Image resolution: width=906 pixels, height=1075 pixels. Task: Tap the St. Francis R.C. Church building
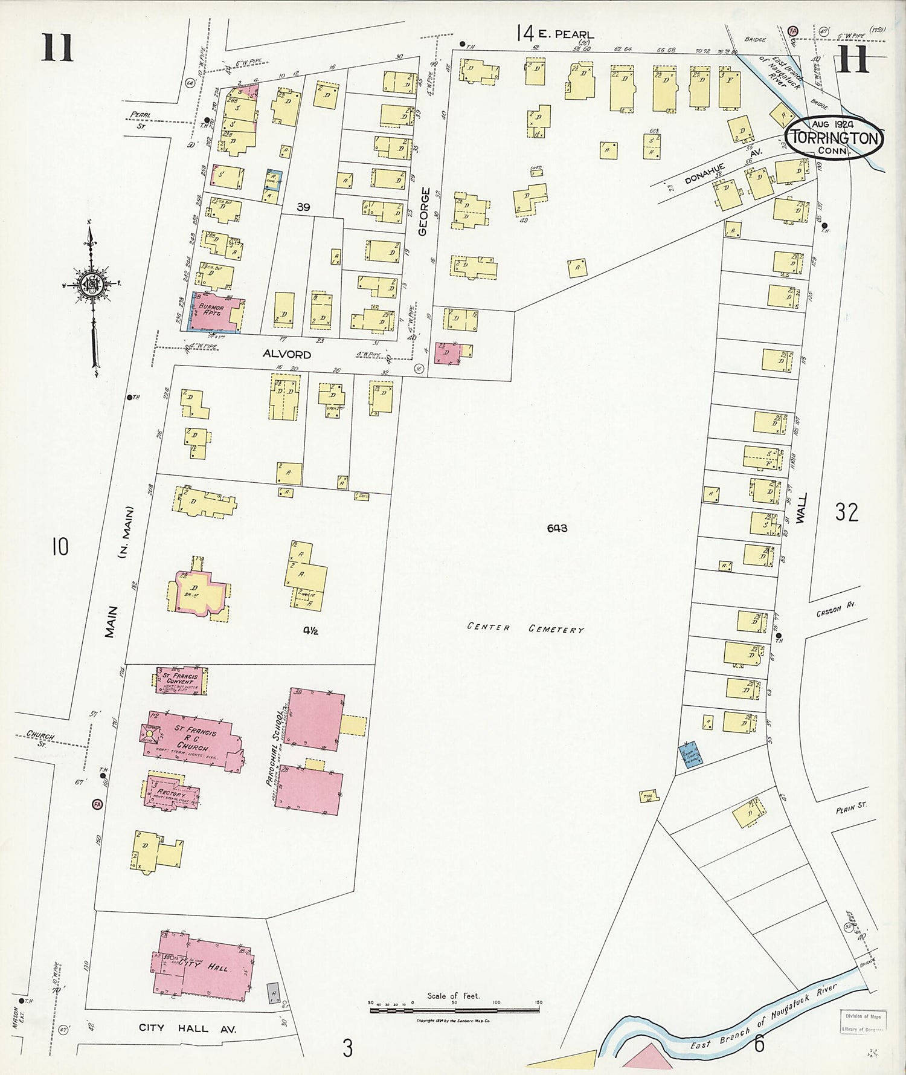pyautogui.click(x=192, y=738)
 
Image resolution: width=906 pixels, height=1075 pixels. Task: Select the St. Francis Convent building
pyautogui.click(x=181, y=680)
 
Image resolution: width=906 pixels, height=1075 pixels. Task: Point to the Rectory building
pyautogui.click(x=172, y=793)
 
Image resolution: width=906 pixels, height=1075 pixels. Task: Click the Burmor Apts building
pyautogui.click(x=214, y=312)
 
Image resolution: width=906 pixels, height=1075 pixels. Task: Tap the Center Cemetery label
pyautogui.click(x=525, y=628)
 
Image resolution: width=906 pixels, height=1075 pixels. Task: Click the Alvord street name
pyautogui.click(x=286, y=355)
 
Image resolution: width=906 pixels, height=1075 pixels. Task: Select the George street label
pyautogui.click(x=423, y=211)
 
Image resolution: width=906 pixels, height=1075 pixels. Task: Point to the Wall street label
pyautogui.click(x=802, y=508)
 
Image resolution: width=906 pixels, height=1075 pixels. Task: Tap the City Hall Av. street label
pyautogui.click(x=187, y=1028)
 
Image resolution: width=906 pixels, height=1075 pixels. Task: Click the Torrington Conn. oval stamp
pyautogui.click(x=834, y=138)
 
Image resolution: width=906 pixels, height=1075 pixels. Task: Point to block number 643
pyautogui.click(x=557, y=528)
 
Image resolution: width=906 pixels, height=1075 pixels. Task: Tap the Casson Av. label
pyautogui.click(x=837, y=611)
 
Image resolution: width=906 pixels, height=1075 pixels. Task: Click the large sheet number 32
pyautogui.click(x=846, y=512)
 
